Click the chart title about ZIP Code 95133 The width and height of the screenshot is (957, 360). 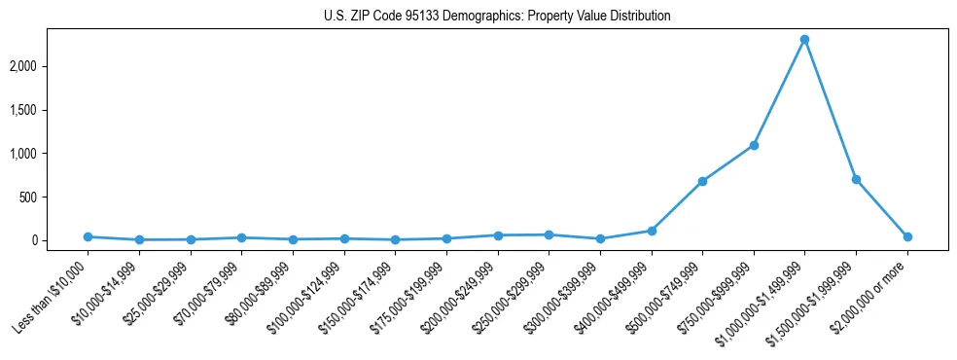(497, 17)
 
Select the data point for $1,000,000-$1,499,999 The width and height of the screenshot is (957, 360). (804, 40)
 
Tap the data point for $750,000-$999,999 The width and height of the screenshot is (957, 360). (754, 145)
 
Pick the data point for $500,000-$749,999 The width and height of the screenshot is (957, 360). (702, 181)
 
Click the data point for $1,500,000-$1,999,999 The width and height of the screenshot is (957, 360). (856, 179)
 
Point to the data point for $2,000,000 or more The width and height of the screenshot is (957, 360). (907, 236)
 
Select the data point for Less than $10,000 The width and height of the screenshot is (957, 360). (88, 236)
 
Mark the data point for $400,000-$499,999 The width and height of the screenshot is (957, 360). (652, 231)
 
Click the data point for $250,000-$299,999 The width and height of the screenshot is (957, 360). (549, 234)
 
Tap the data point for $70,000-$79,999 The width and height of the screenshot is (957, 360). (241, 237)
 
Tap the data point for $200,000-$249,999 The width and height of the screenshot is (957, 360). (498, 235)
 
